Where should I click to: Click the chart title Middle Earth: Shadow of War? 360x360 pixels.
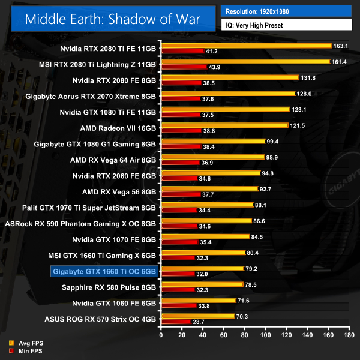click(x=113, y=19)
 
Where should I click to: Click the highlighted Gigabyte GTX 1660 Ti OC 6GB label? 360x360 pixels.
click(x=105, y=271)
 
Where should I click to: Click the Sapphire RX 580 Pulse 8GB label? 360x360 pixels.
click(x=109, y=287)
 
